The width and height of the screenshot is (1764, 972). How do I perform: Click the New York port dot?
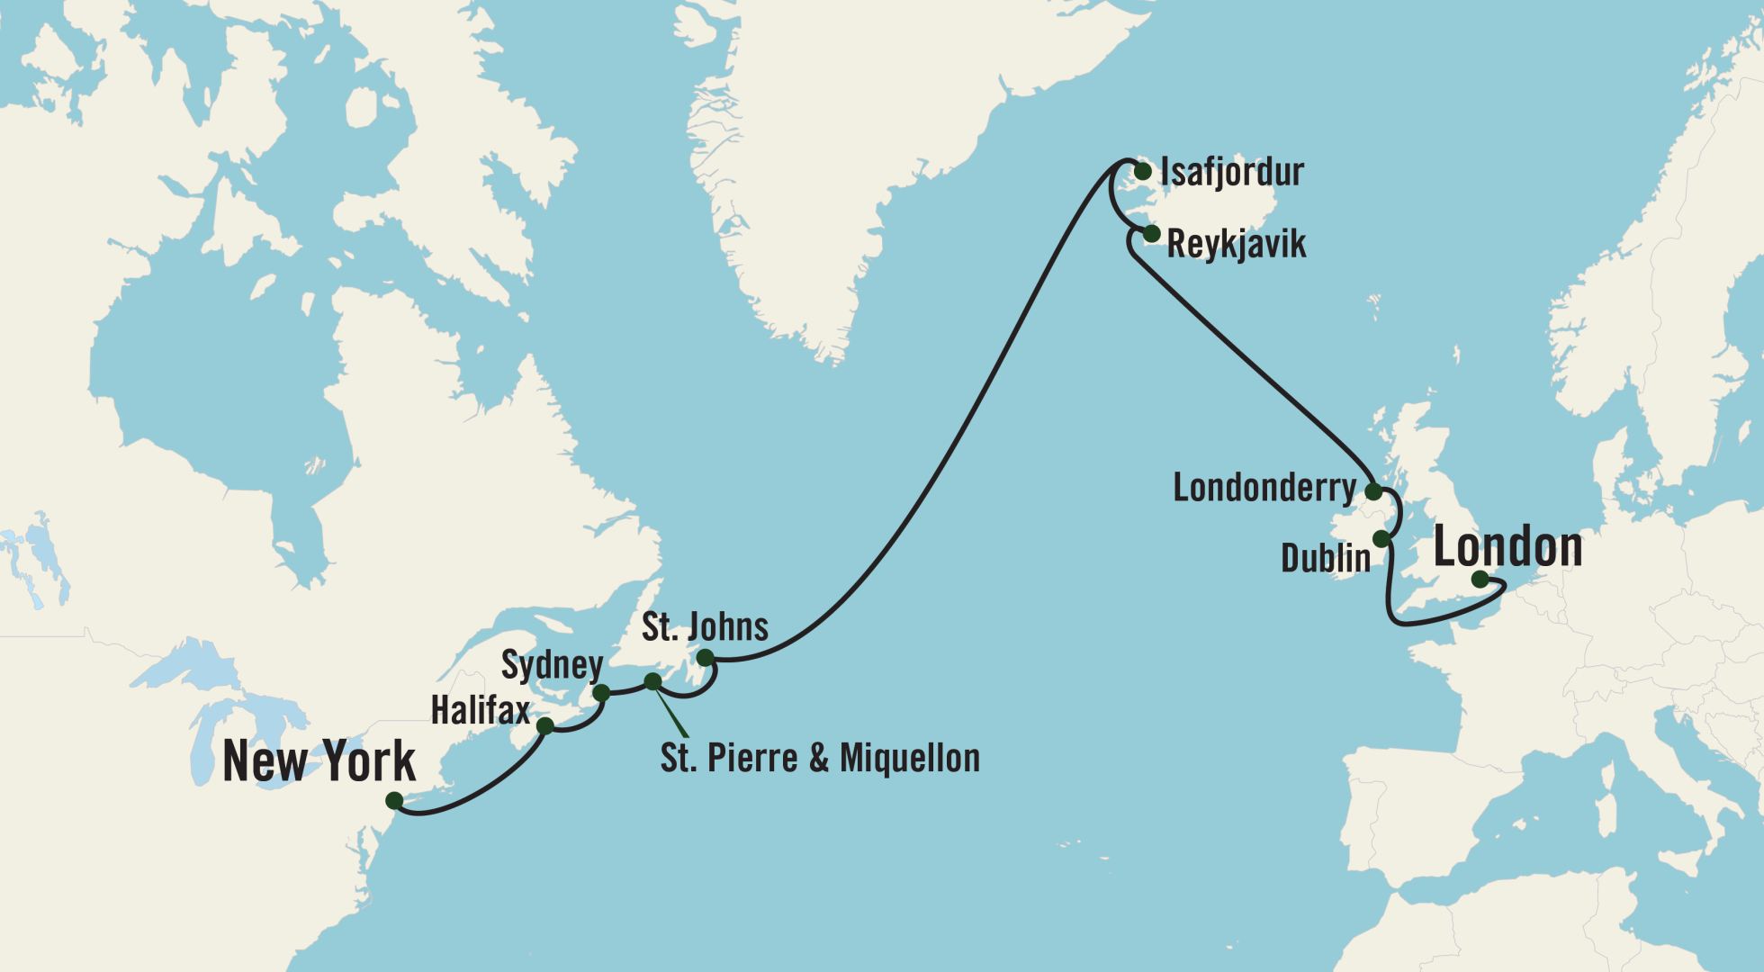tap(394, 801)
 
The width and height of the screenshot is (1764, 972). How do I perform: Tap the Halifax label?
tap(481, 711)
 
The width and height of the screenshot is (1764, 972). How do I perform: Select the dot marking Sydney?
tap(601, 693)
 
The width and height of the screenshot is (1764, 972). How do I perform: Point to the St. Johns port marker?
tap(706, 658)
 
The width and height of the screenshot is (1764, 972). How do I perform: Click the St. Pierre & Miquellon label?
tap(820, 759)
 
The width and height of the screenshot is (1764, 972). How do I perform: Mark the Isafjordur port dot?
tap(1143, 171)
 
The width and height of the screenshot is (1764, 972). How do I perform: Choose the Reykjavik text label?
tap(1236, 245)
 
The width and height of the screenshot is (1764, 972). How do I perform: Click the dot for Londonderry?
tap(1373, 491)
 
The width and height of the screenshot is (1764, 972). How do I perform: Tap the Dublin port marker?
tap(1381, 539)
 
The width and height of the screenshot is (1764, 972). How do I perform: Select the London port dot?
tap(1480, 580)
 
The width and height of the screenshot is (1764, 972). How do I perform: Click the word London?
tap(1507, 547)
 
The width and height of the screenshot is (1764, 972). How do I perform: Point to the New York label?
tap(319, 762)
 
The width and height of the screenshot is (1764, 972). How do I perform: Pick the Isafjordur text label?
tap(1231, 172)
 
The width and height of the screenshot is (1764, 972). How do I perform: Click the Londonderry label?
tap(1264, 488)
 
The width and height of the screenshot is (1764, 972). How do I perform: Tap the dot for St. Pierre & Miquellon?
tap(652, 681)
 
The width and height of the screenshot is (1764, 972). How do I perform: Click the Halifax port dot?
tap(544, 725)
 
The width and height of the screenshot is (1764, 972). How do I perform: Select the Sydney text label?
tap(552, 665)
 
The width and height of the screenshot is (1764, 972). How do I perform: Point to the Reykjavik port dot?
tap(1151, 234)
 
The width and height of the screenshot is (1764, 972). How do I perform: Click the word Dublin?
tap(1325, 559)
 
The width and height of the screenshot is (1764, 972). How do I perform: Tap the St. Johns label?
tap(705, 627)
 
